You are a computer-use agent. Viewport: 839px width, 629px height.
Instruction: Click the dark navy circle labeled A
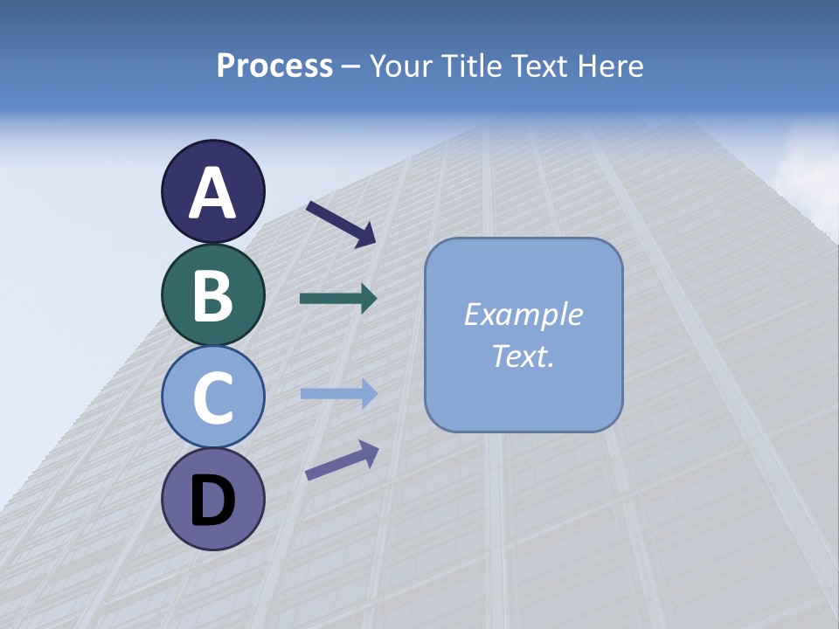(x=212, y=191)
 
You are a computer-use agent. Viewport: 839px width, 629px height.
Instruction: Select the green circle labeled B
(x=212, y=294)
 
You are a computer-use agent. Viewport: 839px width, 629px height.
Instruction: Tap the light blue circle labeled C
(x=212, y=397)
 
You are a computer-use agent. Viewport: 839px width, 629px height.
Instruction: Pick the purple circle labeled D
(x=212, y=499)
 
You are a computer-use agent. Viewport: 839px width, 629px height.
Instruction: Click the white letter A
(x=212, y=193)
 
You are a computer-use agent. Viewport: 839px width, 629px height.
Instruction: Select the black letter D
(x=212, y=501)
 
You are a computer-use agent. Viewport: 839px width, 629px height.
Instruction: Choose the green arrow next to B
(x=337, y=299)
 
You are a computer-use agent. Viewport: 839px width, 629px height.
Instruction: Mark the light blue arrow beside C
(x=337, y=393)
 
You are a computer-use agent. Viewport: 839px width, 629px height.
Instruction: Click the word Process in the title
(x=274, y=66)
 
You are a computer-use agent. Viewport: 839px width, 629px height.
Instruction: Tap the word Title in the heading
(x=469, y=66)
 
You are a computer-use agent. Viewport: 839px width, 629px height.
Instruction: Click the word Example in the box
(x=524, y=314)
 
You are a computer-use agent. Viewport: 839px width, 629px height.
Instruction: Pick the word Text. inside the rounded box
(x=524, y=356)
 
